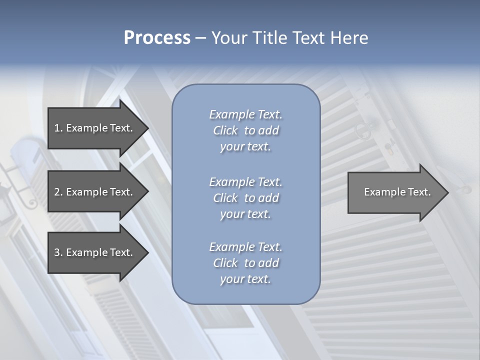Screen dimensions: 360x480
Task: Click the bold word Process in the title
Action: (x=157, y=38)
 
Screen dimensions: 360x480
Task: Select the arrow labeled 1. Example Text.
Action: (x=93, y=128)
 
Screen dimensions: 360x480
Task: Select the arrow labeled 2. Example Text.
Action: (x=93, y=192)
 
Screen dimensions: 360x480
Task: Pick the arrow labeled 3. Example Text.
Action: (x=93, y=252)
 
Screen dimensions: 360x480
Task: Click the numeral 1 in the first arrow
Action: (x=57, y=128)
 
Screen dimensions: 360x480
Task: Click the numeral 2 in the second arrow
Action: (x=57, y=192)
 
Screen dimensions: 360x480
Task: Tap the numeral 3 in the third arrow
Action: (x=57, y=252)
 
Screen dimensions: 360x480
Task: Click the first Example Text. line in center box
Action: (x=245, y=114)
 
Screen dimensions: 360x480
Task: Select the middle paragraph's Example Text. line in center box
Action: (x=245, y=181)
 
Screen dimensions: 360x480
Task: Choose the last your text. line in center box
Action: (x=245, y=279)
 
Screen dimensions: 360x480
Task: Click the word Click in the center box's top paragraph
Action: (x=225, y=130)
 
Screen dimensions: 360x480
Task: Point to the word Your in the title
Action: (x=228, y=38)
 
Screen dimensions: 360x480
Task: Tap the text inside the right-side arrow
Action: (x=397, y=192)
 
